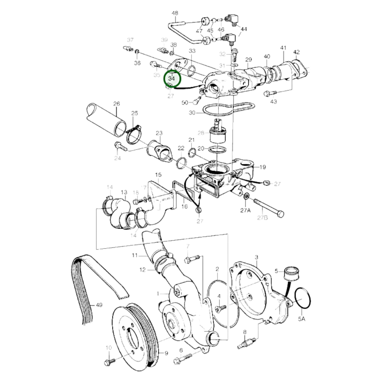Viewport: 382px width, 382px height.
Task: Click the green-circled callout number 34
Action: tap(172, 79)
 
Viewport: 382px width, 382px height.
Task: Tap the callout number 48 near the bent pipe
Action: tap(175, 13)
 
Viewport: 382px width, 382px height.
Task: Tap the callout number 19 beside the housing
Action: tap(263, 167)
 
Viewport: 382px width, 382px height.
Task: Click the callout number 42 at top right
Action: tap(296, 52)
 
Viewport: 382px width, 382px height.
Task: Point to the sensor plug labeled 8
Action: tap(246, 343)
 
